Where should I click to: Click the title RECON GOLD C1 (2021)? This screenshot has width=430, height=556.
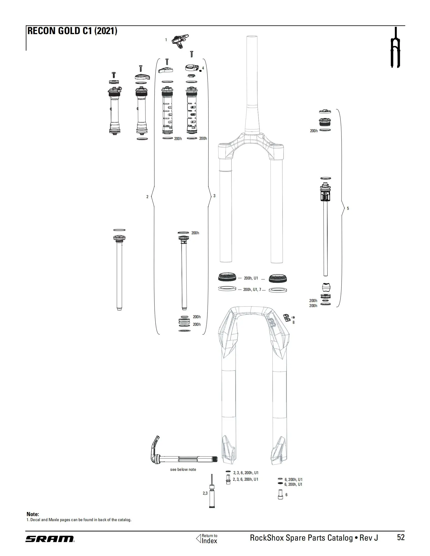tap(72, 31)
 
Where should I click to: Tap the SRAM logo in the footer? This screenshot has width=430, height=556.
tap(50, 539)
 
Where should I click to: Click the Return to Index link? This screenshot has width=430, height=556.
tap(207, 538)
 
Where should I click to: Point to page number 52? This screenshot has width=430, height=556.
tap(401, 537)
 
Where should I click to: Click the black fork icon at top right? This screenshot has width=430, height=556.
tap(395, 47)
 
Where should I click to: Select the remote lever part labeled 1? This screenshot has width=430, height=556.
tap(180, 41)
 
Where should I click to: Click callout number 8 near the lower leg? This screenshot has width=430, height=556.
tap(293, 322)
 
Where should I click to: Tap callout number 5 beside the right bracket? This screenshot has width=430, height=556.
tap(348, 208)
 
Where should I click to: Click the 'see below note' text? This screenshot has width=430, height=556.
tap(183, 470)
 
